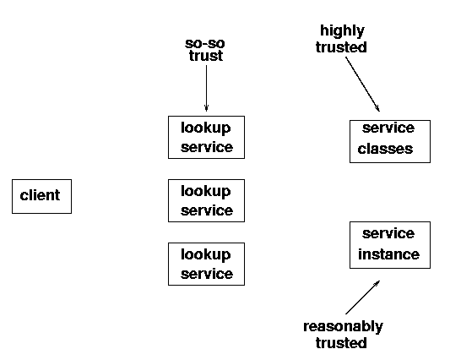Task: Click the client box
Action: click(41, 196)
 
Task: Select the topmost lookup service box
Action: click(206, 137)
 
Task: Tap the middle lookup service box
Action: click(206, 200)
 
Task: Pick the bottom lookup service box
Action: click(206, 264)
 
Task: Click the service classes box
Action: click(390, 141)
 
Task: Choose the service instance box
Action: click(390, 245)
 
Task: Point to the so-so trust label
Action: click(205, 50)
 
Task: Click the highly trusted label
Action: click(341, 39)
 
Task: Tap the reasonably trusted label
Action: click(343, 335)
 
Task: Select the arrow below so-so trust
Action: click(206, 88)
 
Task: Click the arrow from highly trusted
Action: click(362, 84)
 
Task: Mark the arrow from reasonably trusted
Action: click(362, 297)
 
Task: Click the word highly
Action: click(342, 31)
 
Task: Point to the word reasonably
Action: click(343, 327)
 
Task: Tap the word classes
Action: click(385, 149)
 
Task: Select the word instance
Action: click(388, 254)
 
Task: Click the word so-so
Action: click(205, 44)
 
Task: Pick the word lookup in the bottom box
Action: click(206, 254)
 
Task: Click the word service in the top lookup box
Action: click(207, 147)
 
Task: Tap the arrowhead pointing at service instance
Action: click(377, 283)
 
